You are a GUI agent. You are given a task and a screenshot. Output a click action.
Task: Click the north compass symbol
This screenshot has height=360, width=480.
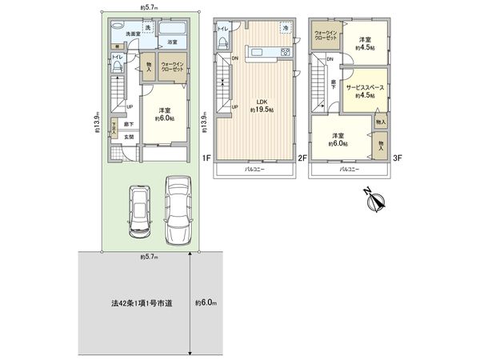(373, 201)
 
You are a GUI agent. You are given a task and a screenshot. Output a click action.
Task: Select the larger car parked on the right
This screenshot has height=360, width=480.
(178, 209)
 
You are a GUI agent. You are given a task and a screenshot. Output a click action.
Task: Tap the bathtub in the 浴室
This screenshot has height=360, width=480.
(172, 30)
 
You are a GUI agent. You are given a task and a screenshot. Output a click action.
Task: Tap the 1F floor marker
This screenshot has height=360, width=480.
(206, 158)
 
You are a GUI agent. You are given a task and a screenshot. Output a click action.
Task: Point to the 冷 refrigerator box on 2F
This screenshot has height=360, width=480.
(286, 28)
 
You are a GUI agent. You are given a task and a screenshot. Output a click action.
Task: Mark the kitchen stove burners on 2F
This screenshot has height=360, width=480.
(283, 53)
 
